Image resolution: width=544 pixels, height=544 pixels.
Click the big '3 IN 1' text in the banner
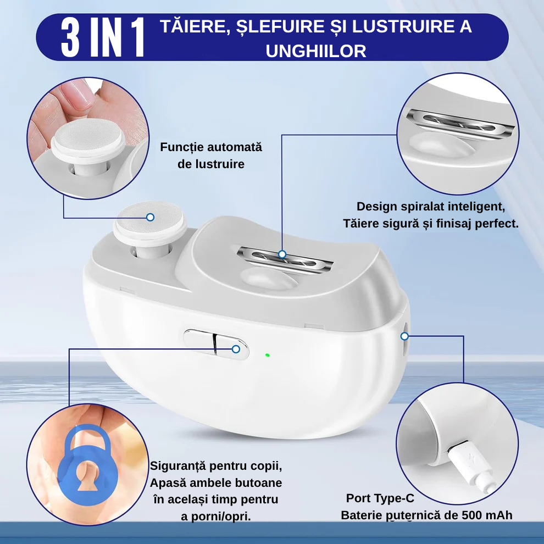point(103,37)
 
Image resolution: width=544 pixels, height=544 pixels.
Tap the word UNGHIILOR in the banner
point(316,51)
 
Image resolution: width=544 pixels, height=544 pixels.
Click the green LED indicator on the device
point(267,355)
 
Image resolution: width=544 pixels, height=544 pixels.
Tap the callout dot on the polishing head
point(151,217)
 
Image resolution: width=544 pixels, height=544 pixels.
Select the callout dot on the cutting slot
point(282,254)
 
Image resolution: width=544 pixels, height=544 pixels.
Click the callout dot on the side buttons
point(236,348)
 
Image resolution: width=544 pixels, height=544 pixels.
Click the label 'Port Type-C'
point(380,498)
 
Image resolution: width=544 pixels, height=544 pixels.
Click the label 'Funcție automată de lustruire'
point(211,156)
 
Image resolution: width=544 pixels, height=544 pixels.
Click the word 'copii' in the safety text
point(266,466)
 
